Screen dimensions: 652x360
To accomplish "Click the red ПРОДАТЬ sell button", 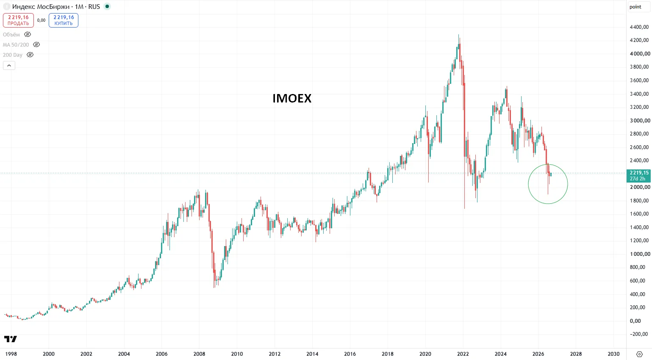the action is pos(18,20).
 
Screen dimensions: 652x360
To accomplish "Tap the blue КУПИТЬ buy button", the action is pos(64,20).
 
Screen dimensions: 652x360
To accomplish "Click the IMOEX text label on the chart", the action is pos(292,98).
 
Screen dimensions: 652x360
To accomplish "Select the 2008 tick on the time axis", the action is pos(199,354).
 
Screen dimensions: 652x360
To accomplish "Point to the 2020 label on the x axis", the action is pos(425,354).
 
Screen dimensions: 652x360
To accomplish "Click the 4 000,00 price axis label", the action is pos(640,53).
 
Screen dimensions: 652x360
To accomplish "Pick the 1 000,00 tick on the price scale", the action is pos(640,254).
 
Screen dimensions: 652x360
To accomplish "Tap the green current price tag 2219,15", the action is pos(638,176).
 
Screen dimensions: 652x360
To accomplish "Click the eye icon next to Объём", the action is pos(28,34).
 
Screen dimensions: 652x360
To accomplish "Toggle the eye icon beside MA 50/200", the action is pos(36,44).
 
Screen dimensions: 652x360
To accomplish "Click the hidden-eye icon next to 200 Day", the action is pos(30,55).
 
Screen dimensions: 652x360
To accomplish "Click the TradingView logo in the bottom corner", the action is pos(11,339).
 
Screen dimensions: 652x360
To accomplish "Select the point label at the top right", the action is pos(635,7).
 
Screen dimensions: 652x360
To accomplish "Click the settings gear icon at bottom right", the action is pos(639,354).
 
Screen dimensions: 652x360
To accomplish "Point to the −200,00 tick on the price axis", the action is pos(639,334).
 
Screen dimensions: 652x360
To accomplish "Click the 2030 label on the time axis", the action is pos(613,354).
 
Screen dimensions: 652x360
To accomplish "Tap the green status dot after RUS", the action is pos(107,6).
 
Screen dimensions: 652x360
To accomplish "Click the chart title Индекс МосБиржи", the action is pos(41,7).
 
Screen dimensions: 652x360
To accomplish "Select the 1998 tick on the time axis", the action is pos(11,354).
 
